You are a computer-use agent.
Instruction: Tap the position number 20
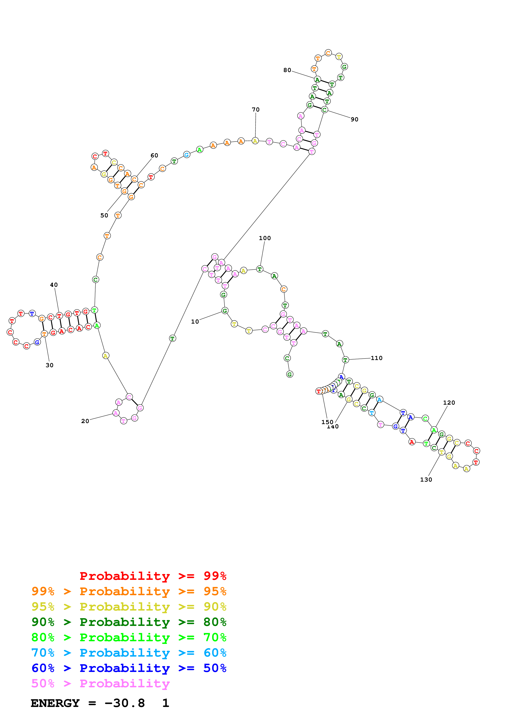click(x=85, y=421)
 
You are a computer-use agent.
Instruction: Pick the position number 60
click(x=154, y=155)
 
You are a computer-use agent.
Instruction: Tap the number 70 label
click(x=256, y=110)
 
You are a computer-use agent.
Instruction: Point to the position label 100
click(x=265, y=238)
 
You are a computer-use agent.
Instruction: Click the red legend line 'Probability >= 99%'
click(x=153, y=576)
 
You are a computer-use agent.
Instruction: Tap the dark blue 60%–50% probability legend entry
click(x=129, y=668)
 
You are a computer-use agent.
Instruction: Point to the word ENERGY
click(x=55, y=703)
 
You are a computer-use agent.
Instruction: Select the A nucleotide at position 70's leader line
click(x=255, y=141)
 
